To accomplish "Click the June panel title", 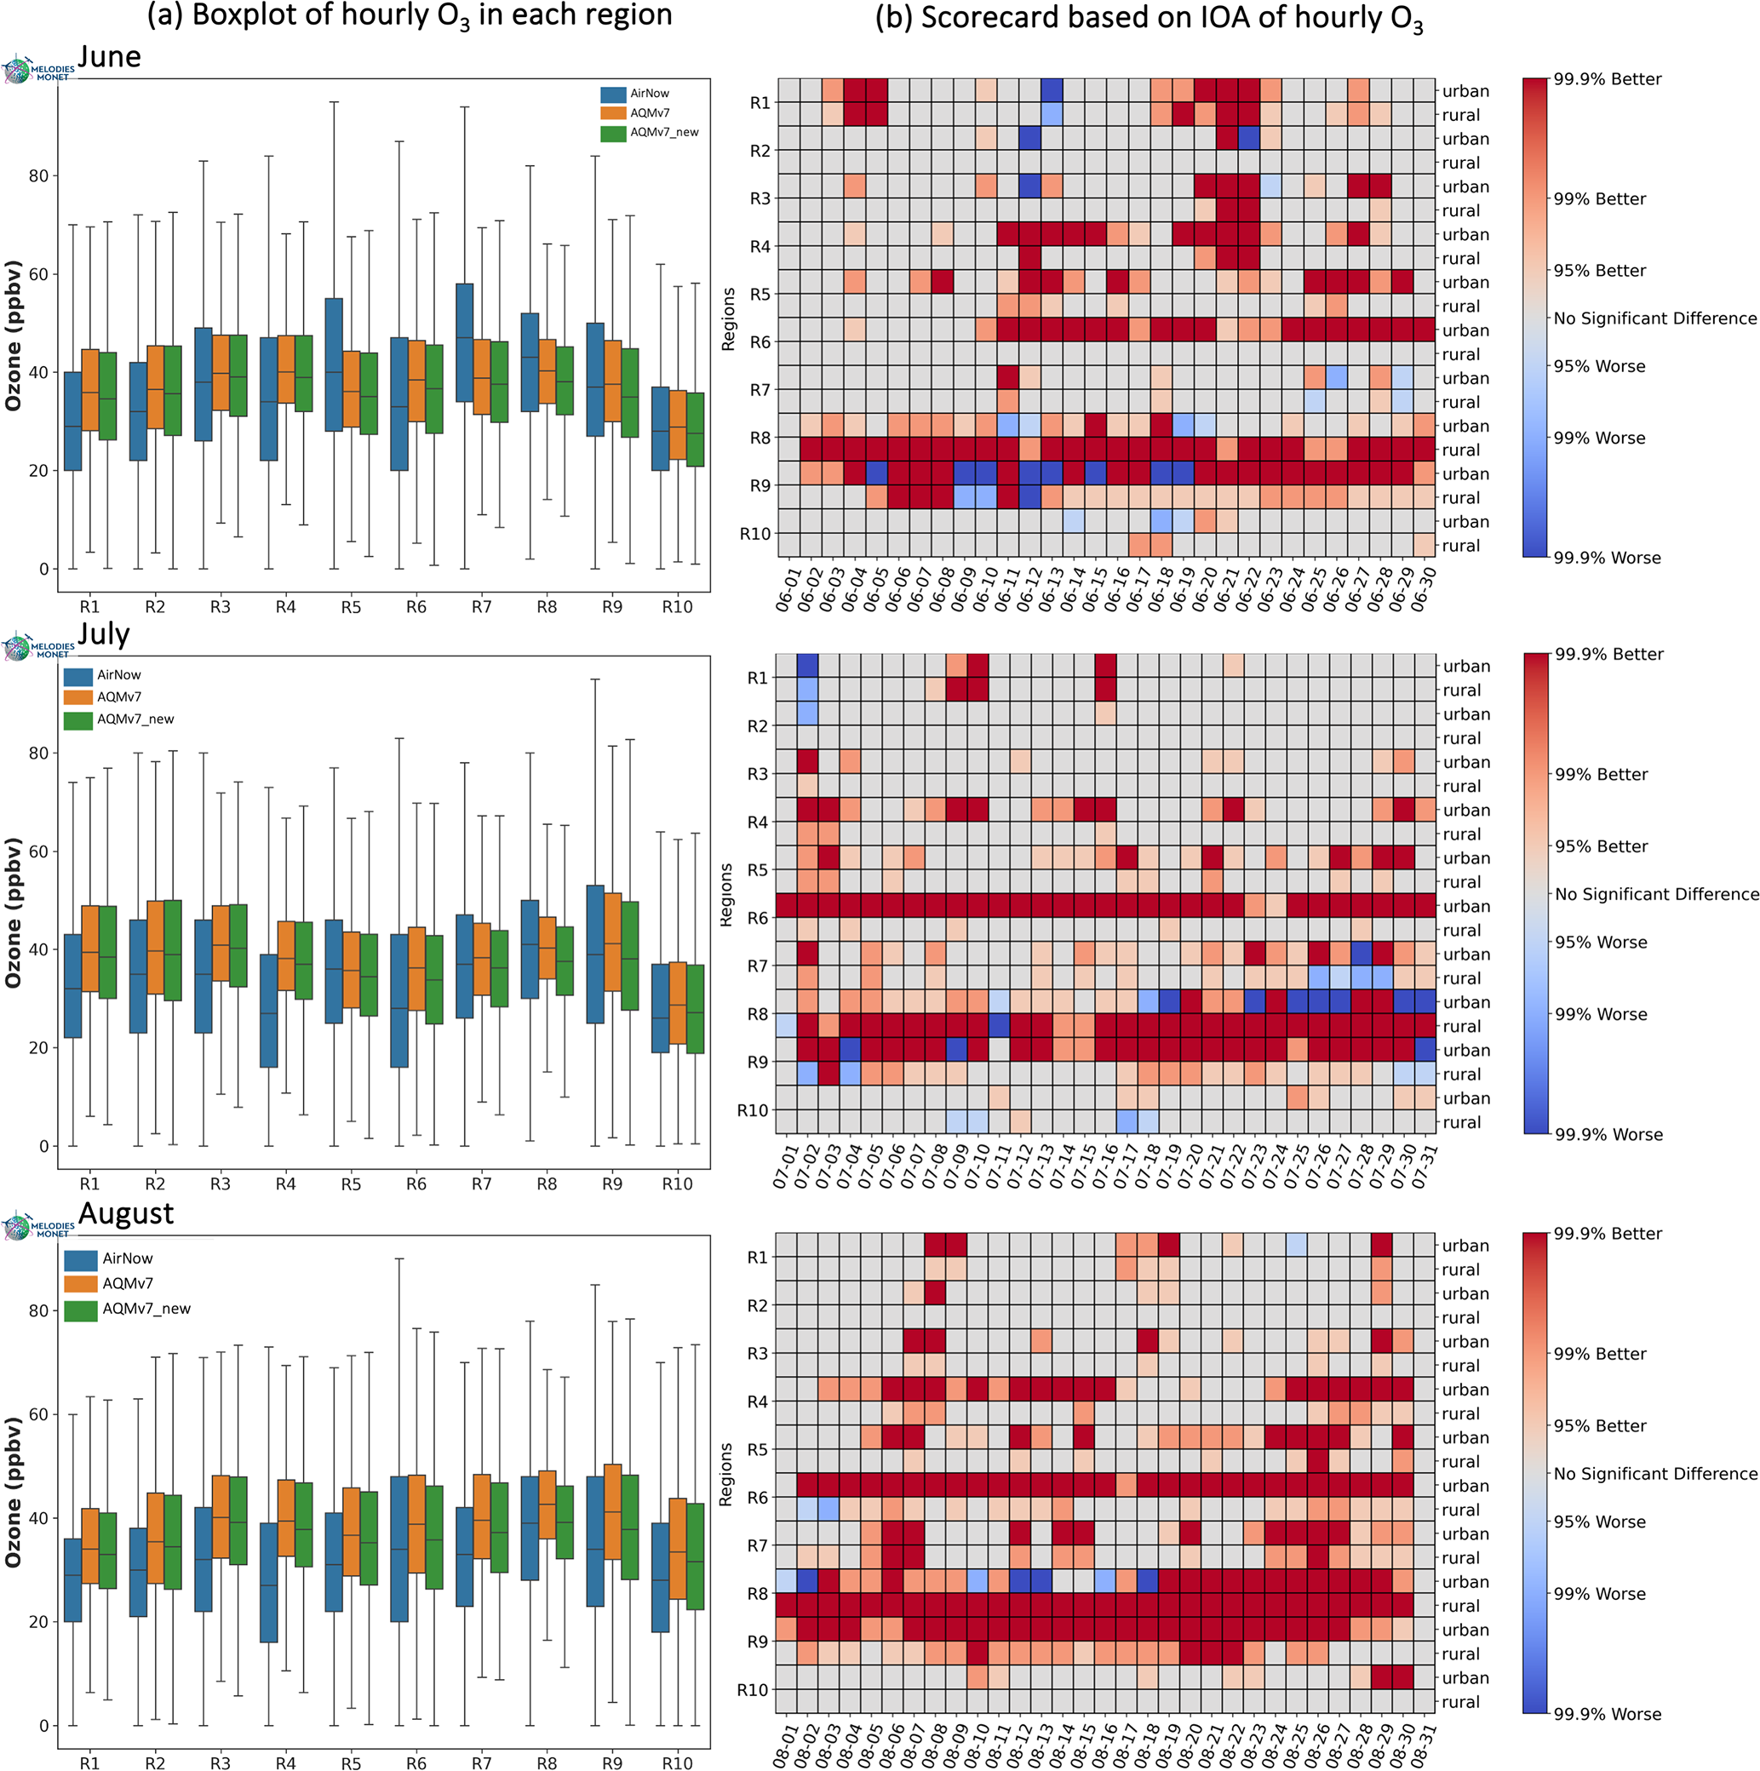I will (109, 57).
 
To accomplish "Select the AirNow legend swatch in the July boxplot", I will (78, 677).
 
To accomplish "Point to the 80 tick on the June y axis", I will (37, 176).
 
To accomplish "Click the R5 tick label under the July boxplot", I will (351, 1184).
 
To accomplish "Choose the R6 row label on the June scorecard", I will (760, 342).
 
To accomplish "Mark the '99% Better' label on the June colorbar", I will (1600, 199).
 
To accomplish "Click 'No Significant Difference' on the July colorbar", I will (1656, 894).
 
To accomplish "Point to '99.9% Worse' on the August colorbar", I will (1607, 1713).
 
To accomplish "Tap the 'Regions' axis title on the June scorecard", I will (729, 319).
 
